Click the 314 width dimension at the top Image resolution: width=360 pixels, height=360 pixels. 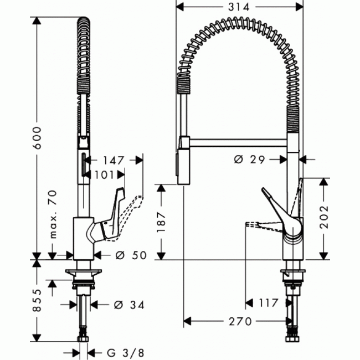[239, 7]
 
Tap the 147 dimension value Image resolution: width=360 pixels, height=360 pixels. [112, 161]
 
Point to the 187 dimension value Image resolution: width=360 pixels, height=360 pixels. [161, 223]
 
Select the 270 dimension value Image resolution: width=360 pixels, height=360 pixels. [239, 321]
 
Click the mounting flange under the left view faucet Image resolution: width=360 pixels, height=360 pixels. [84, 272]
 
